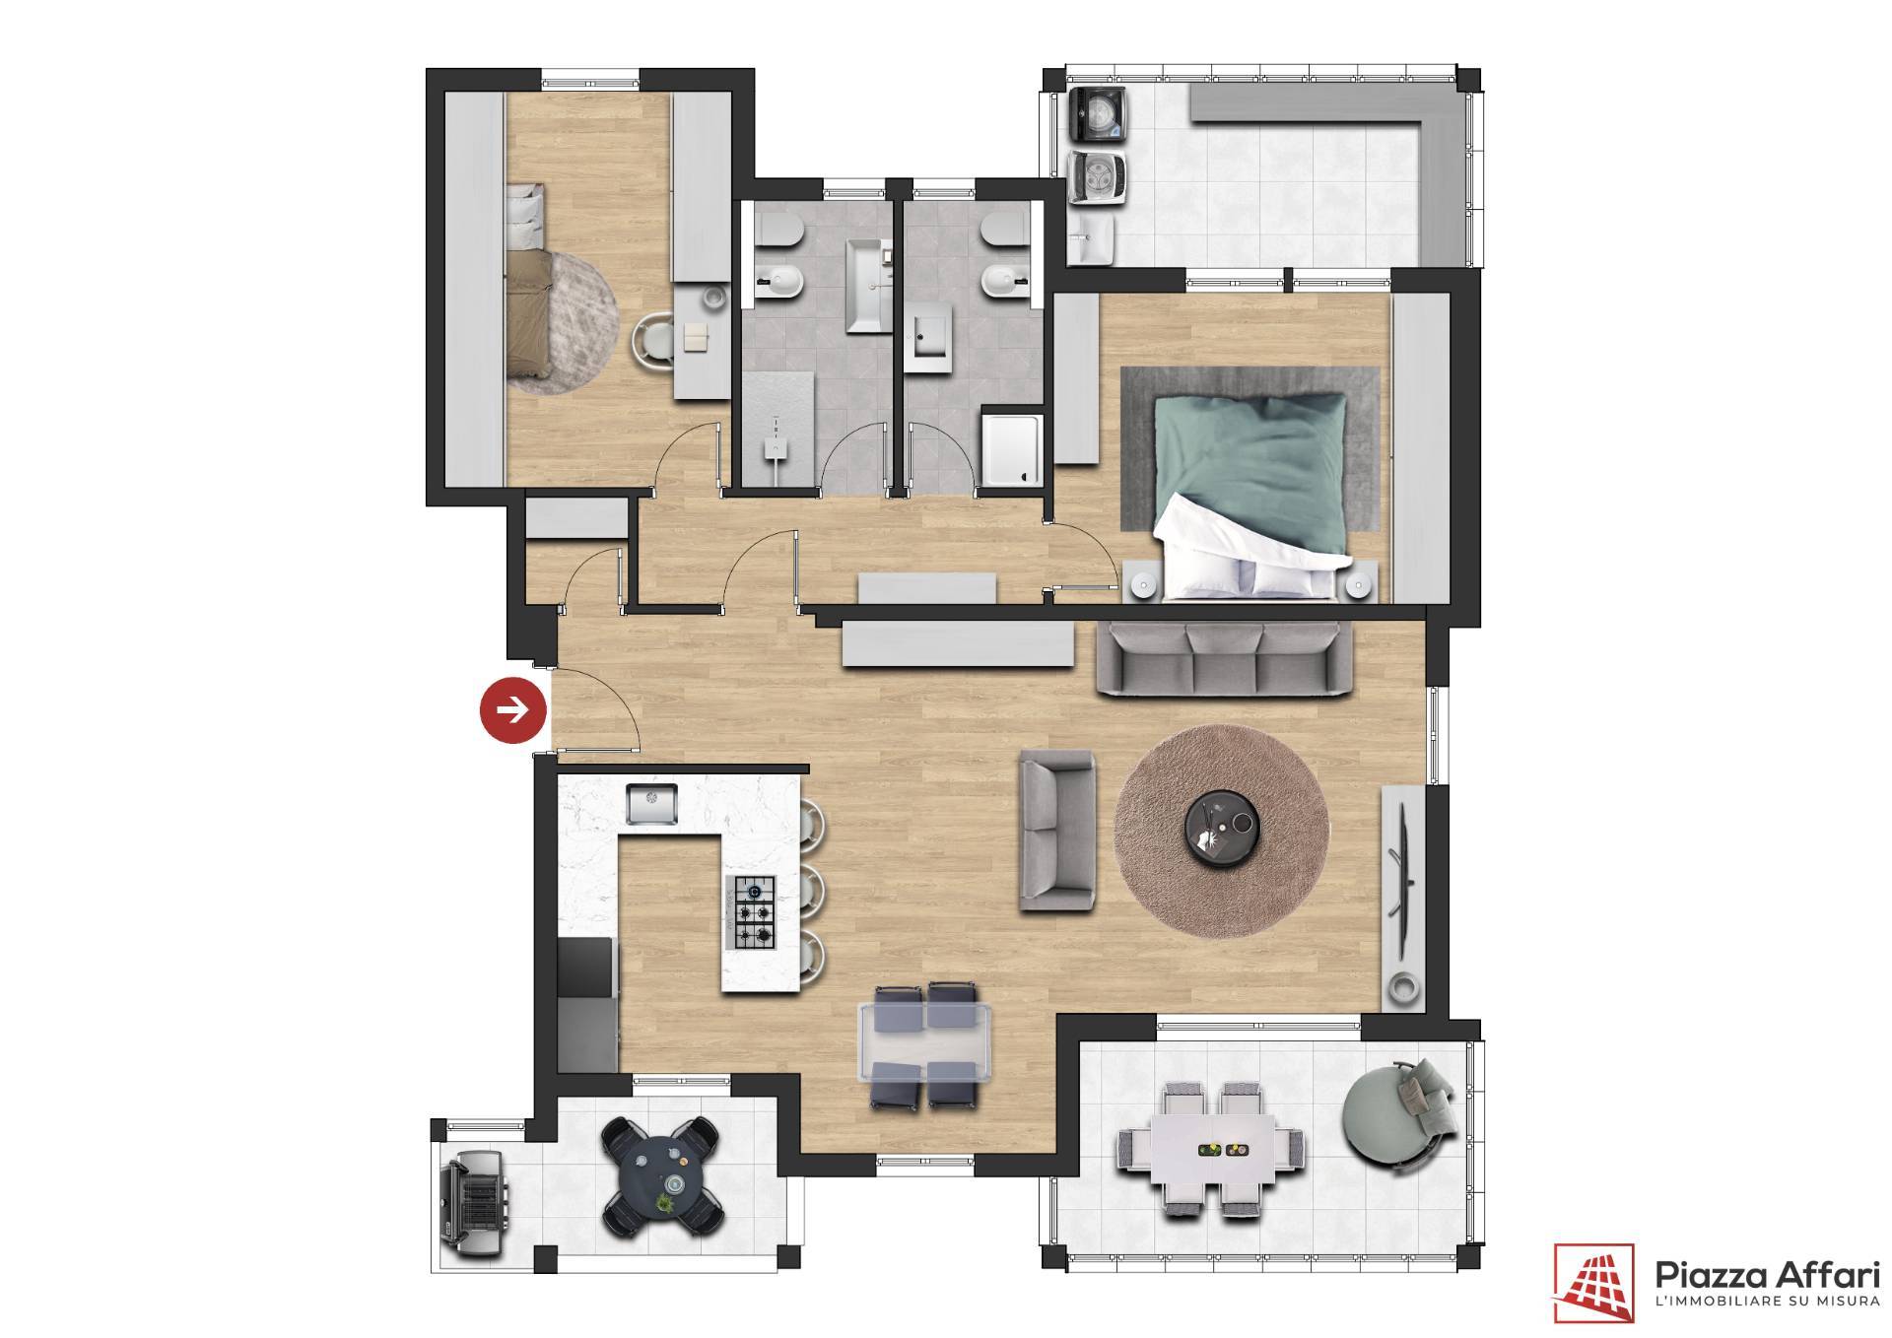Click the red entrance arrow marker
point(513,708)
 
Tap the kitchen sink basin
point(651,803)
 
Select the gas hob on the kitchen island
point(750,912)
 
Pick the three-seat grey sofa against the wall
point(1225,659)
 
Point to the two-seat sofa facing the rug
point(1057,830)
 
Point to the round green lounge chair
point(1392,1115)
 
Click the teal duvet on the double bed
point(1251,473)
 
